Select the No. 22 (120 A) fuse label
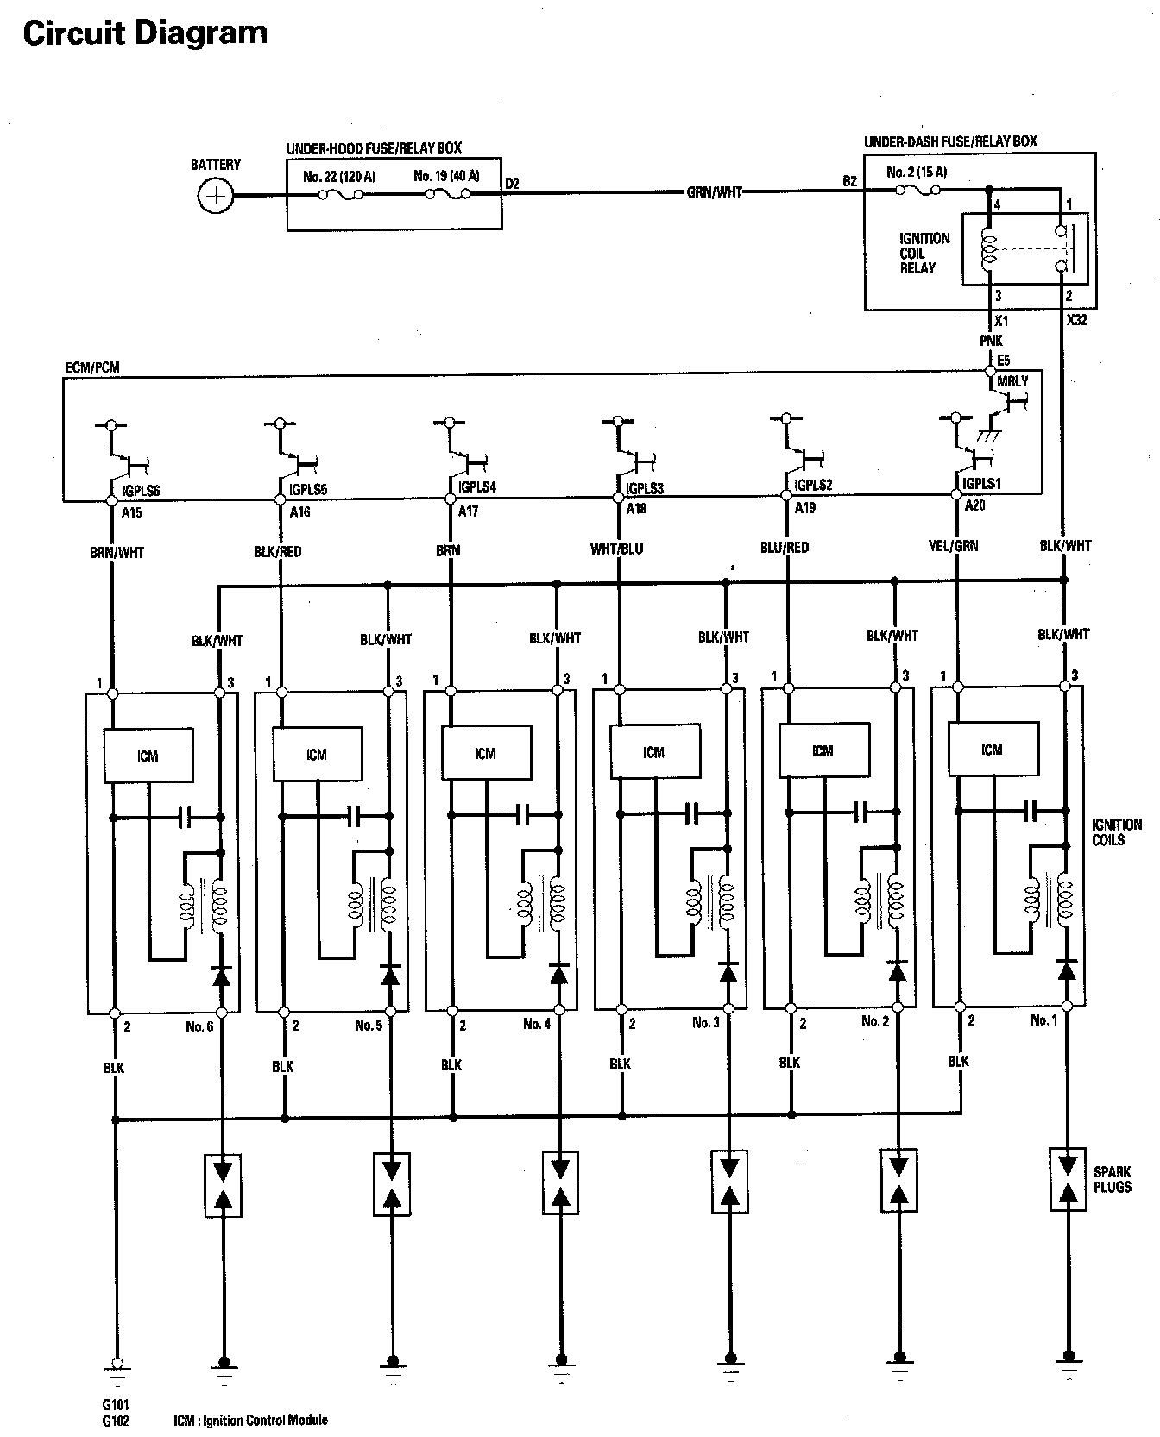[x=339, y=177]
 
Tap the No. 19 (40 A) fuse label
[x=446, y=176]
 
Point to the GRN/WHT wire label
[x=714, y=192]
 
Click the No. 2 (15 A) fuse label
[x=917, y=173]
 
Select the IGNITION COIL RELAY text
[x=924, y=253]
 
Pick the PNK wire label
[x=991, y=341]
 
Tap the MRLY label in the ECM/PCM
[x=1012, y=381]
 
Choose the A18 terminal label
[x=636, y=509]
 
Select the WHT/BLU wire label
[x=616, y=549]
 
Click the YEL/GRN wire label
[x=954, y=545]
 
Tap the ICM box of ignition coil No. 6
[x=148, y=756]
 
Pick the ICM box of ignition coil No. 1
[x=992, y=749]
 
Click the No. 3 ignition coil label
[x=705, y=1023]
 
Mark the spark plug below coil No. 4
[x=560, y=1183]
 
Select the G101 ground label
[x=115, y=1404]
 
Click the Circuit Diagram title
[x=145, y=33]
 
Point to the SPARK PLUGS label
[x=1112, y=1179]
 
